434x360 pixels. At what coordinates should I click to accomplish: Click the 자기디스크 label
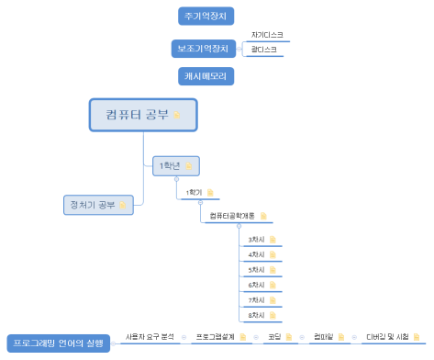pos(266,35)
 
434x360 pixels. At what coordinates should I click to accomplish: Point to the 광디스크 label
pos(263,50)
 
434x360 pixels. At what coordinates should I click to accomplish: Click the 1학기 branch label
pos(194,192)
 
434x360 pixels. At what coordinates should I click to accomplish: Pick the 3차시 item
pos(256,240)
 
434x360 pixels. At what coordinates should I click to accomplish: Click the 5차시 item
pos(256,270)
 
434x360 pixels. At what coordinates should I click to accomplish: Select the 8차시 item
pos(256,316)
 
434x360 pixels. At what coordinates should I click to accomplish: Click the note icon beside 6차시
pos(273,286)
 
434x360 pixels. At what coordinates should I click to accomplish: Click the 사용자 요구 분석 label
pos(149,337)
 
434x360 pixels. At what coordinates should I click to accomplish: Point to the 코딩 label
pos(274,337)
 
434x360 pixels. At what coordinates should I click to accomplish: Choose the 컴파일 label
pos(322,337)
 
